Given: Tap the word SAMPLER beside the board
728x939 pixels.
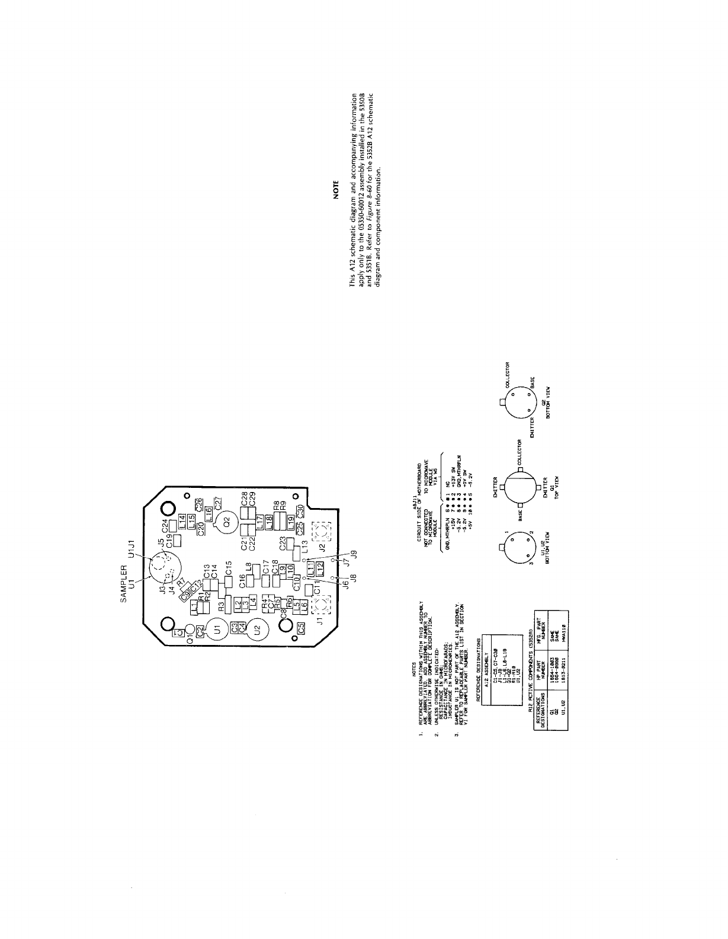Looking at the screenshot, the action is pyautogui.click(x=124, y=585).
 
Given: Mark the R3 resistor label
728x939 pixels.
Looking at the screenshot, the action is pyautogui.click(x=221, y=606).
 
